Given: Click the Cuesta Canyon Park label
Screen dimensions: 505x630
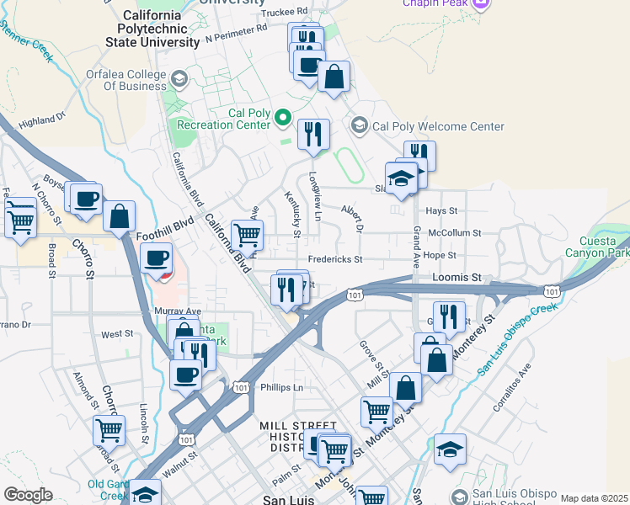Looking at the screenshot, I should tap(603, 247).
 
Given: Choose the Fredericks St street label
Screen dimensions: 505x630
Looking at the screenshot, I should tap(334, 259).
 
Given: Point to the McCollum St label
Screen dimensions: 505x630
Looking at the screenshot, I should tap(454, 233).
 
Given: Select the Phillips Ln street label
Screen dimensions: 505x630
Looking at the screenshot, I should tap(281, 388).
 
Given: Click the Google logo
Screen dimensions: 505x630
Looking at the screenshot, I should tap(28, 495).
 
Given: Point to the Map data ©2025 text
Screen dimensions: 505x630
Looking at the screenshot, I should tap(594, 498).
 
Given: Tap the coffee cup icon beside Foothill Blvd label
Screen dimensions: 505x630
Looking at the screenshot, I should tap(156, 257).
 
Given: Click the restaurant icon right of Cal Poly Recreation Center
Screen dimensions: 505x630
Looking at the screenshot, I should tap(313, 133).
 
